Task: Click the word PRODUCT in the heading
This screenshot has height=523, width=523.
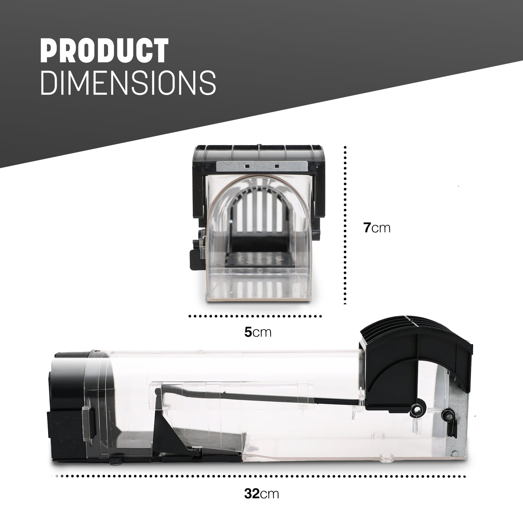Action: coord(105,51)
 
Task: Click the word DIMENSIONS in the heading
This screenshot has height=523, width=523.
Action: coord(128,83)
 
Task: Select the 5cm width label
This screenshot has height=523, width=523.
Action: coord(258,332)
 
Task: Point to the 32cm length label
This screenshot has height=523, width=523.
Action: coord(261,493)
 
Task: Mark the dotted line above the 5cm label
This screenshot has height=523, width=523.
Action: coord(255,316)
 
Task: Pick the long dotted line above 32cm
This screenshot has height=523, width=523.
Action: coord(260,476)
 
